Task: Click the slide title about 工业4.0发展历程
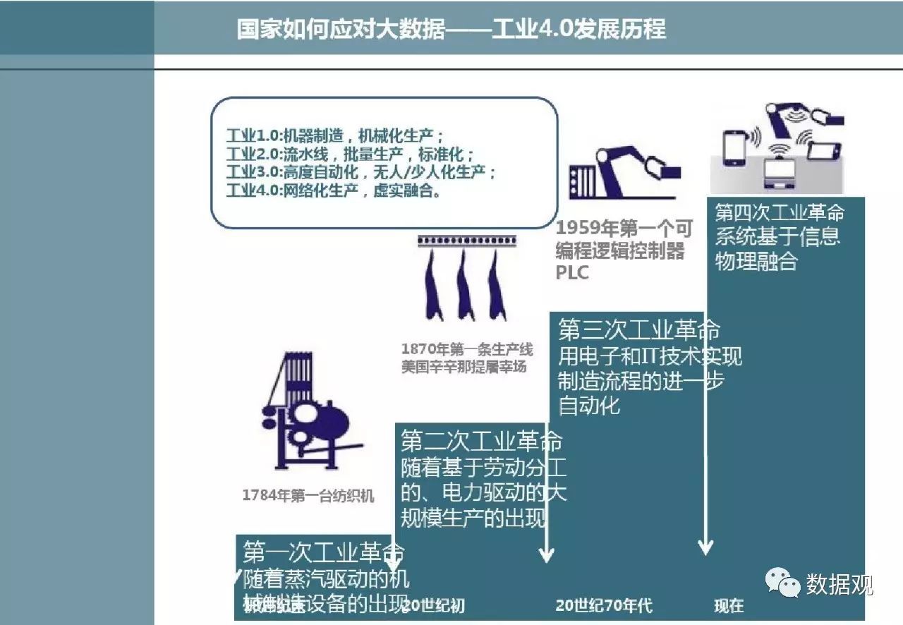(451, 30)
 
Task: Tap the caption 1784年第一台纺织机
(308, 496)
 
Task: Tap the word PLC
(572, 273)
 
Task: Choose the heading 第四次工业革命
(779, 212)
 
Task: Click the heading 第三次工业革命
(638, 330)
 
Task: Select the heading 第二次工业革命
(482, 442)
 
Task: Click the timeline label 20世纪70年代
(604, 605)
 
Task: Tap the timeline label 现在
(729, 605)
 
